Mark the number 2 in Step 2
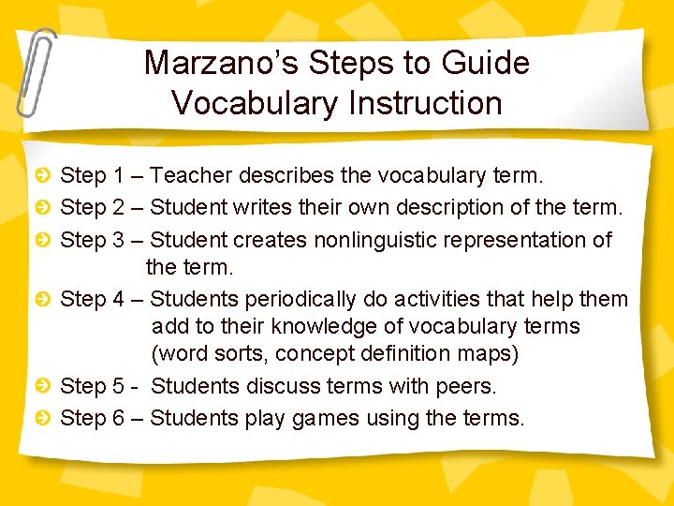click(x=118, y=207)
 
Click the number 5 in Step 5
click(x=118, y=386)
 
